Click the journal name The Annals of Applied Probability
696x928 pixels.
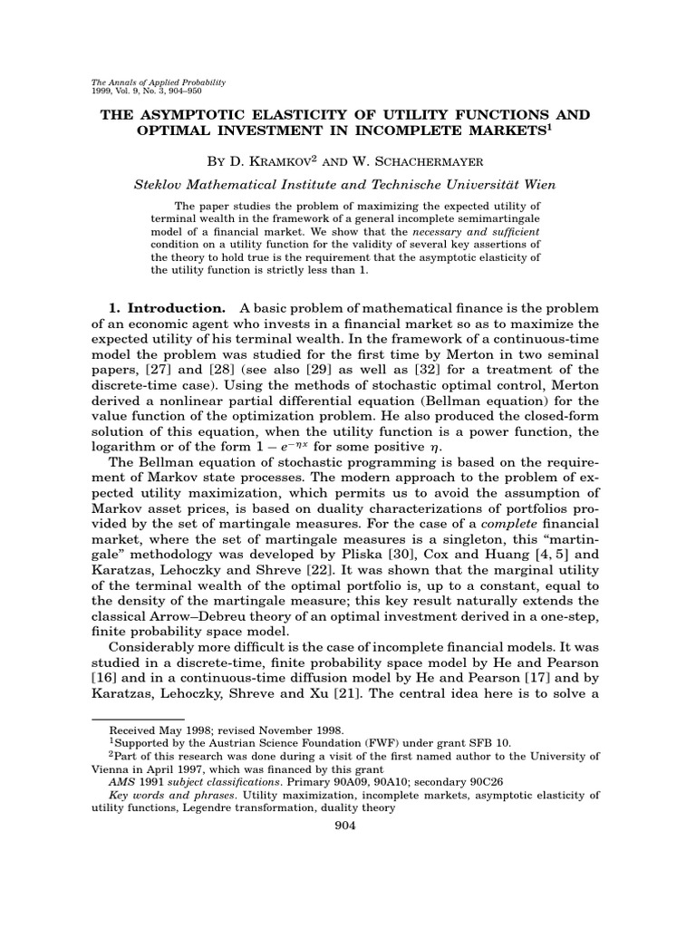(159, 82)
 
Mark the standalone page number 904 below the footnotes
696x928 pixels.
(347, 825)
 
